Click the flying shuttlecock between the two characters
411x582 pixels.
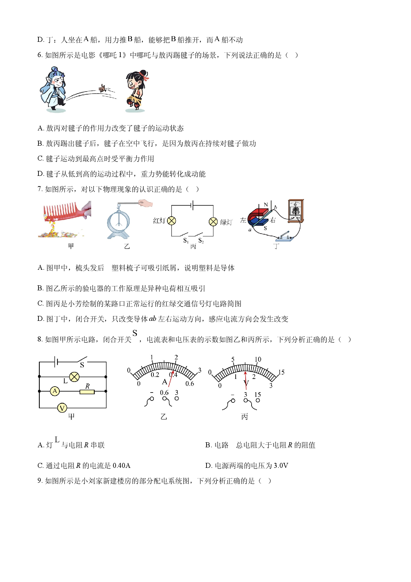(x=102, y=89)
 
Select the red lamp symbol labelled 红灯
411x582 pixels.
(x=172, y=221)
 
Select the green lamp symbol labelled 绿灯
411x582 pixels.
(x=213, y=222)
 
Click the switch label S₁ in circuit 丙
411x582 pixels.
(x=186, y=241)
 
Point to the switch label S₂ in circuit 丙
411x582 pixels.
(x=201, y=241)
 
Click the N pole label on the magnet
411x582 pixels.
(x=266, y=205)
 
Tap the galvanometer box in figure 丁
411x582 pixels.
(x=296, y=211)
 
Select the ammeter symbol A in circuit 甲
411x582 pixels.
(x=55, y=391)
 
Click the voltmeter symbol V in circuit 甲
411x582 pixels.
(x=62, y=408)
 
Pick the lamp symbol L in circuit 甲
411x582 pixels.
(x=74, y=377)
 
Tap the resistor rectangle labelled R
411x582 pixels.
(x=87, y=392)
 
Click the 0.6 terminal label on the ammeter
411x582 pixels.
(x=164, y=393)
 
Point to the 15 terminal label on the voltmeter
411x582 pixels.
(x=258, y=395)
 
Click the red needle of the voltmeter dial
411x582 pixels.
(x=246, y=380)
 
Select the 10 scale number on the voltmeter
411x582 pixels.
(x=258, y=359)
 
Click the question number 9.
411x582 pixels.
(x=39, y=481)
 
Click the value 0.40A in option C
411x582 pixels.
(x=122, y=466)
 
